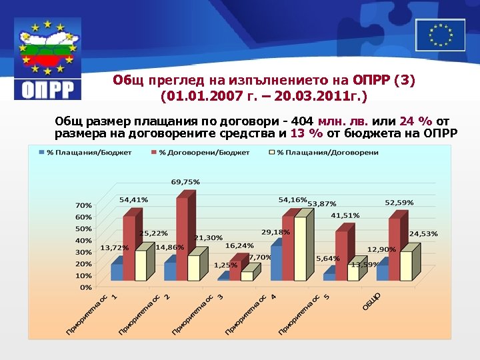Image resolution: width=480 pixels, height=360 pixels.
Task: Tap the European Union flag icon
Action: point(440,35)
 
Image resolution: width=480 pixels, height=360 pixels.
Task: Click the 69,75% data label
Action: point(185,182)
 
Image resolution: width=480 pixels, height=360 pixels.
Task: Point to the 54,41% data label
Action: point(133,200)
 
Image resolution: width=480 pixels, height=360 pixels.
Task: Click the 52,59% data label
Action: point(399,203)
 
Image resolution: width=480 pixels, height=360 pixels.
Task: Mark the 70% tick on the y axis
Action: point(83,205)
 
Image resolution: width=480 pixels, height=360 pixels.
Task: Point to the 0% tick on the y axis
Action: point(85,287)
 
